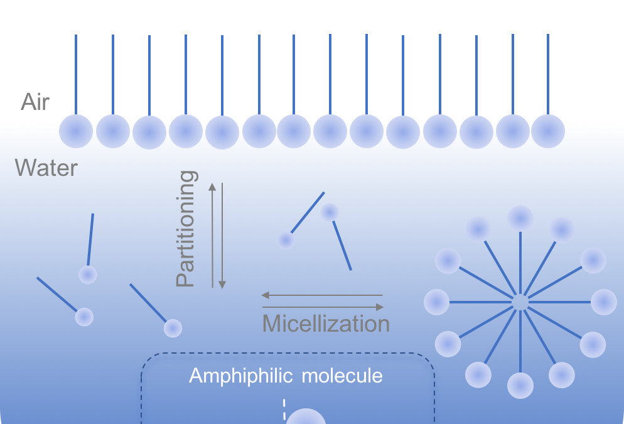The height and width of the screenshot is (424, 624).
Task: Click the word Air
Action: click(x=35, y=102)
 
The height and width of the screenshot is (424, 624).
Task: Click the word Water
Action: click(x=46, y=168)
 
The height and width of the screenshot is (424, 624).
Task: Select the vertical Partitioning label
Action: click(x=186, y=229)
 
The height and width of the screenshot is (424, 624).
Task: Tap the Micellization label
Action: click(x=326, y=323)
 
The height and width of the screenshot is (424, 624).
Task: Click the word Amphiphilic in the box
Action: click(x=240, y=376)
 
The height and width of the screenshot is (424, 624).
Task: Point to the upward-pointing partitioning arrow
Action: click(x=212, y=235)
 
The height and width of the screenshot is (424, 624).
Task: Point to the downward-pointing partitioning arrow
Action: click(x=222, y=235)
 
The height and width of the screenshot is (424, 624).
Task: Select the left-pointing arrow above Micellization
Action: click(x=321, y=295)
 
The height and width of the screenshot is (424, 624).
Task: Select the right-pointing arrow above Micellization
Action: click(x=321, y=307)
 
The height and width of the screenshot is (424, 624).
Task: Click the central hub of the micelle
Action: click(x=520, y=302)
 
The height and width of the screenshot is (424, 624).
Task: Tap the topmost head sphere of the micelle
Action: click(x=520, y=218)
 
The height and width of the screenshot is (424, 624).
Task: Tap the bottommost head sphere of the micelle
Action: click(x=520, y=386)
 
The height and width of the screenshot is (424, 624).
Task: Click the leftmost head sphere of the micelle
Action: click(x=437, y=302)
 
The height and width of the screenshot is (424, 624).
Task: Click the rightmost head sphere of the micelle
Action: click(x=604, y=302)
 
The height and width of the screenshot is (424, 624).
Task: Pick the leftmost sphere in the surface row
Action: click(x=76, y=132)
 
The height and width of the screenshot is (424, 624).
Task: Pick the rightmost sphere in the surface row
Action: click(x=548, y=131)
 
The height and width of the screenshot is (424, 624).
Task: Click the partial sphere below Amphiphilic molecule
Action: click(x=306, y=418)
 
